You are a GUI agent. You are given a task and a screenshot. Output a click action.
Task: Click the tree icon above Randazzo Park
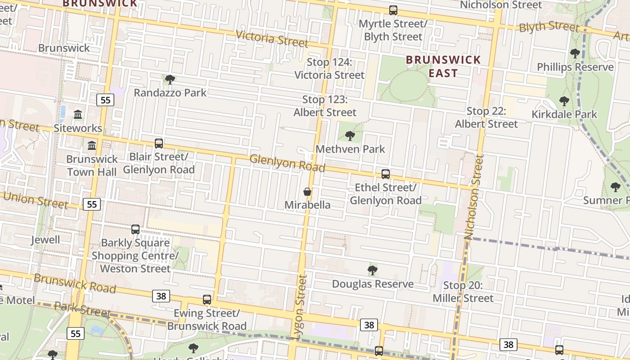pos(170,80)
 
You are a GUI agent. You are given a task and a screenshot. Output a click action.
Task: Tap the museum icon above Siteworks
pos(78,115)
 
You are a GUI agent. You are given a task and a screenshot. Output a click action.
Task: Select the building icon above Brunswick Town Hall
pos(92,145)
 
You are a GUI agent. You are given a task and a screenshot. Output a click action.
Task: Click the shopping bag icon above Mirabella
pos(307,192)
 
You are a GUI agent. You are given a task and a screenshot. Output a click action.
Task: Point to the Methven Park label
pos(350,149)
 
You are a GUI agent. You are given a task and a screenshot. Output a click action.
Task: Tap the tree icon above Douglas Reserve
pos(372,270)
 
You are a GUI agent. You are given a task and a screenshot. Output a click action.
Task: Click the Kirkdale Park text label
pos(564,114)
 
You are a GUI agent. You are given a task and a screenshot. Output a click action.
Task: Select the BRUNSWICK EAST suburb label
pos(443,66)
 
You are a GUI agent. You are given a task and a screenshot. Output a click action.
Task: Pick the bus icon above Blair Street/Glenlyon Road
pos(159,144)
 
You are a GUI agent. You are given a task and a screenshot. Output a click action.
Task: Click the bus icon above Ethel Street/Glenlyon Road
pos(386,174)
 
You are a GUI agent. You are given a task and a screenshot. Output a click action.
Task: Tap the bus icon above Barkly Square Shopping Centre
pos(135,229)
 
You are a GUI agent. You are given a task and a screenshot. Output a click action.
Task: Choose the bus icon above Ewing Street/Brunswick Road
pos(207,300)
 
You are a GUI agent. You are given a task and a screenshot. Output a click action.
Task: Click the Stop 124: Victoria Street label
pos(329,68)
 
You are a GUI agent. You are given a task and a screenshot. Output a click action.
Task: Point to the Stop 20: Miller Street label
pos(463,292)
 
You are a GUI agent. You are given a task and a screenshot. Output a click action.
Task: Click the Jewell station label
pos(45,240)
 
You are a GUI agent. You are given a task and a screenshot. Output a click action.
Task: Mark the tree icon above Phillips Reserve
pos(575,54)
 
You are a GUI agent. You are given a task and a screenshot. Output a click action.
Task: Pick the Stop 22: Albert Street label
pos(486,117)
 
